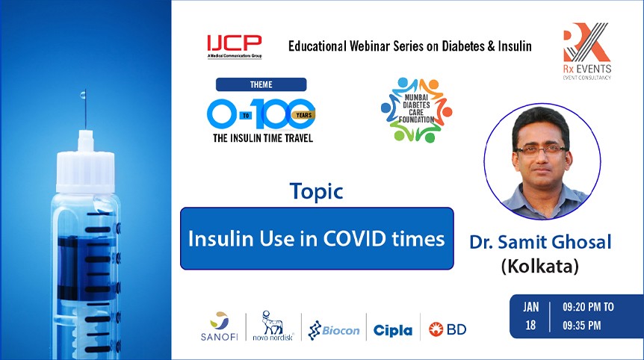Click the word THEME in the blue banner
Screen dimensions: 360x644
[x=261, y=84]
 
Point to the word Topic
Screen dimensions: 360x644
[x=317, y=191]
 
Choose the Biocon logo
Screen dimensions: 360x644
[x=334, y=329]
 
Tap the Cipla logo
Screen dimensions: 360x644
[x=392, y=329]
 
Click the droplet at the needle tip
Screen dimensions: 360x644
[x=84, y=97]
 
